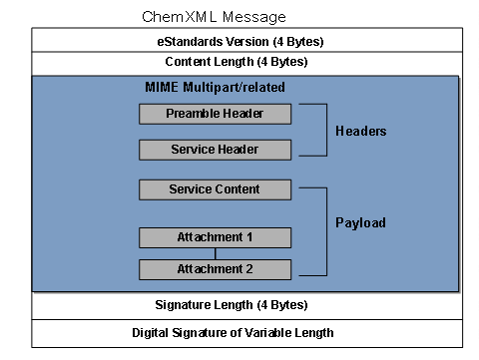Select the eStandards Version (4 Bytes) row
pos(246,41)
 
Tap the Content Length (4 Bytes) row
pos(246,62)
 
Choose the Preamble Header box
pos(215,114)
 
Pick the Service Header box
pos(215,150)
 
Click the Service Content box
pos(215,189)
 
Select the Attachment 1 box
pos(215,237)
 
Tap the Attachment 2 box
pos(215,269)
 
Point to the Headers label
pos(360,132)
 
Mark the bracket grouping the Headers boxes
pos(325,130)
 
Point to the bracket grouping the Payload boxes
pos(325,228)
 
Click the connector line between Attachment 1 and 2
pos(215,253)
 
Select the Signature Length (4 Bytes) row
pos(246,304)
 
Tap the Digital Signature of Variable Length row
pos(246,332)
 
